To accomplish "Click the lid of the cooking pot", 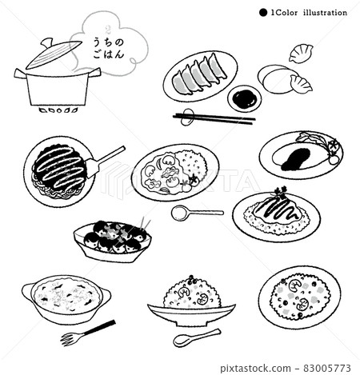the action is pyautogui.click(x=54, y=55).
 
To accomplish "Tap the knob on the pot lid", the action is pyautogui.click(x=47, y=42).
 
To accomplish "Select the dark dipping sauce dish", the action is pyautogui.click(x=244, y=98).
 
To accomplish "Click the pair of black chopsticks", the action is pyautogui.click(x=214, y=119).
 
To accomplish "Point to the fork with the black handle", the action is pyautogui.click(x=88, y=333).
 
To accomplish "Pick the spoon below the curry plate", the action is pyautogui.click(x=197, y=213).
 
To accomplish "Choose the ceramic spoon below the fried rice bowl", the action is pyautogui.click(x=197, y=337).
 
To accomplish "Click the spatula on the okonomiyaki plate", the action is pyautogui.click(x=105, y=162).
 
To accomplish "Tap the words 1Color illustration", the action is pyautogui.click(x=309, y=13).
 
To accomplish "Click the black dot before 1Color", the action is pyautogui.click(x=263, y=13).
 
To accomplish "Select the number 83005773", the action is pyautogui.click(x=327, y=368).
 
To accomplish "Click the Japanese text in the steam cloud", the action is pyautogui.click(x=109, y=48).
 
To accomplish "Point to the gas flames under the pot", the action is pyautogui.click(x=59, y=110).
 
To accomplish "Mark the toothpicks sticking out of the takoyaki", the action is pyautogui.click(x=145, y=223).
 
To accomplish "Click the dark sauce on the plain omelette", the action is pyautogui.click(x=296, y=159).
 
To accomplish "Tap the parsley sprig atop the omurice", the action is pyautogui.click(x=280, y=191).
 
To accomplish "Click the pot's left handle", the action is pyautogui.click(x=21, y=74).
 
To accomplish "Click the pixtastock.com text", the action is pyautogui.click(x=256, y=369).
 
